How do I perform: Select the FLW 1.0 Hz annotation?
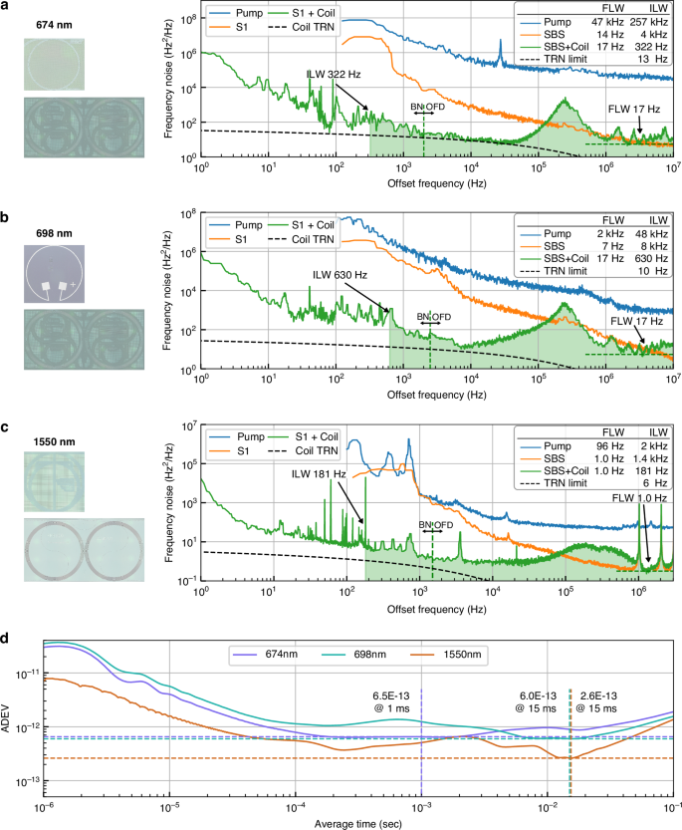(x=637, y=495)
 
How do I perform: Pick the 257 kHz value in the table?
(x=651, y=35)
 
